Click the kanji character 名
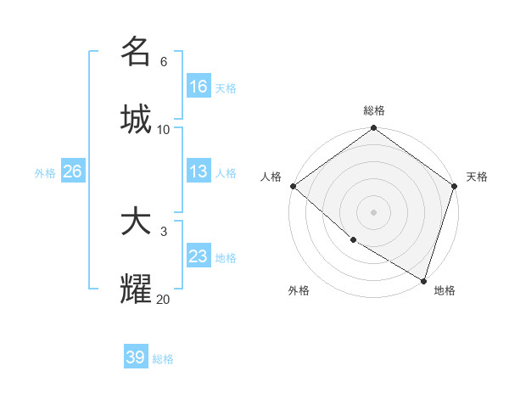pos(136,51)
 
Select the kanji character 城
pos(136,118)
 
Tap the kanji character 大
pos(136,222)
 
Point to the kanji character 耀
pos(136,289)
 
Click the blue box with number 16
pos(199,87)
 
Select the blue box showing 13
pos(199,171)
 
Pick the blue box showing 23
pos(199,256)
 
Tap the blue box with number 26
pos(73,171)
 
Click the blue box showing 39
pos(136,357)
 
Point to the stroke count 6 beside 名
pos(164,62)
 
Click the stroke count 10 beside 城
pos(164,130)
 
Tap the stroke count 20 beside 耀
pos(164,300)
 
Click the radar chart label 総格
pos(374,110)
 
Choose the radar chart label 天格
pos(477,177)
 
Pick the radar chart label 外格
pos(299,290)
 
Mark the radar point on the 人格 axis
pos(293,186)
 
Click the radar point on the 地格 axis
pos(423,279)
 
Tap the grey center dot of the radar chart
pos(374,211)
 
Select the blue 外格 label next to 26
pos(45,172)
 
